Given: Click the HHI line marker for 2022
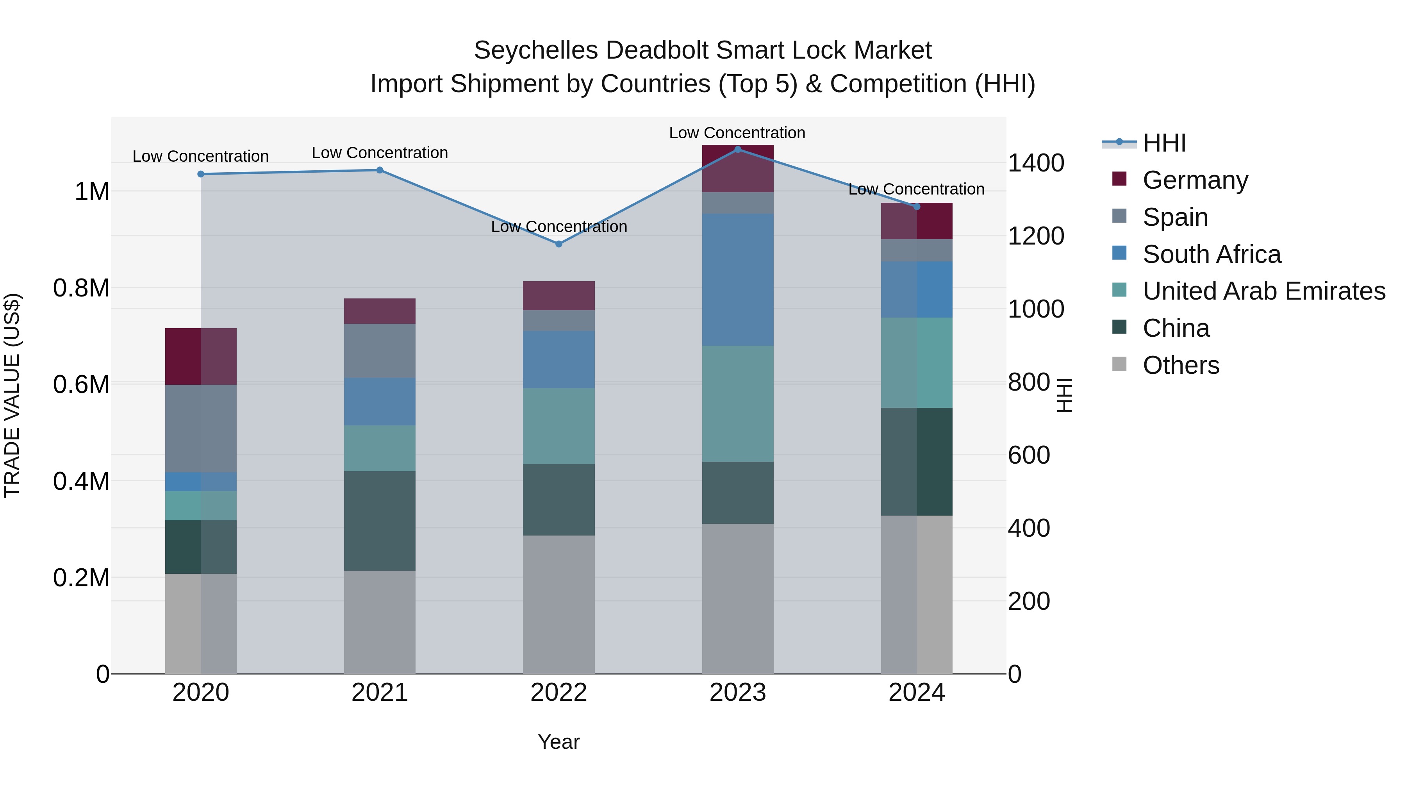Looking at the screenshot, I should click(558, 244).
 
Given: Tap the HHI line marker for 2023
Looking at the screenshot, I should click(737, 150).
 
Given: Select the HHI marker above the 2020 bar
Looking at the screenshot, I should click(201, 174).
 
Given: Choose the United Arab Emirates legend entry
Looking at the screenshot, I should click(1263, 291).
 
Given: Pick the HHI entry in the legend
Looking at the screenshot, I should click(1164, 143).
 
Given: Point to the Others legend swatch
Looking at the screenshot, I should click(1119, 364).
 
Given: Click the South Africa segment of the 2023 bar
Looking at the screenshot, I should click(737, 280).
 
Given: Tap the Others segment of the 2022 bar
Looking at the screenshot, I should click(558, 604).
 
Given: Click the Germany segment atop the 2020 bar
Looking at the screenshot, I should click(201, 357).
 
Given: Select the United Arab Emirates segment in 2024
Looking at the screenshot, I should click(916, 362).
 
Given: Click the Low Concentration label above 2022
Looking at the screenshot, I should click(558, 227).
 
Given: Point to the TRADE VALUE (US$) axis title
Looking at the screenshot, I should click(12, 395).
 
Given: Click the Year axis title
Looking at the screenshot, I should click(558, 742).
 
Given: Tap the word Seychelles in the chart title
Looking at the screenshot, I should click(535, 50).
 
